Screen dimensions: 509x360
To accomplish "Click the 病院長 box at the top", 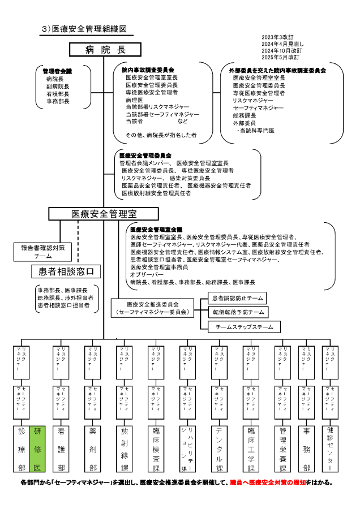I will pos(105,50).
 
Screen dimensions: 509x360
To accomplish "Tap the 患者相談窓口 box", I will pos(66,272).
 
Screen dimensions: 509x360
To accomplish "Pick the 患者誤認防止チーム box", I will pos(237,297).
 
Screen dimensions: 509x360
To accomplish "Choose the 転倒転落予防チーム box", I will pos(237,312).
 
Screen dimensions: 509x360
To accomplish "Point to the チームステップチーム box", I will pos(241,327).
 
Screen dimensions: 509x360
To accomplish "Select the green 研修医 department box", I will pos(37,448).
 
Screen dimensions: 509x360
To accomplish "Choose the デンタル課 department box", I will pos(218,448).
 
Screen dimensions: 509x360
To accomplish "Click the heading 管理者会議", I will pos(57,72).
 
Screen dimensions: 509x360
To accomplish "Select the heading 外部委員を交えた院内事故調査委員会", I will pos(277,71).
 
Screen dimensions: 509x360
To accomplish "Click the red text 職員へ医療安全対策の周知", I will pos(267,483).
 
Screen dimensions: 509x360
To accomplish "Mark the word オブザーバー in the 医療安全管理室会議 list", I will pos(147,274).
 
